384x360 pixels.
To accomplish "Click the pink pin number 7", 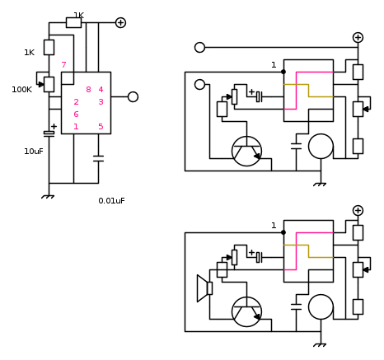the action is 63,65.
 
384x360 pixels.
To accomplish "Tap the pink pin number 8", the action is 88,90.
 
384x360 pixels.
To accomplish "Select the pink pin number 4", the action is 101,90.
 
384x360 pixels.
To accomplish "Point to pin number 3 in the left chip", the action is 101,102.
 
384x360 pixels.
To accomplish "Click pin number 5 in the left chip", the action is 101,127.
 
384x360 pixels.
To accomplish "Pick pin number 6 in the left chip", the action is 76,115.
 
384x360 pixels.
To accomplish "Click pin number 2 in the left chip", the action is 76,102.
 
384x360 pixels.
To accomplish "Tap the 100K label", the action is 22,90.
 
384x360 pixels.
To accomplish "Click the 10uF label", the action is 34,152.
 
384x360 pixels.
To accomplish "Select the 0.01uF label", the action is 111,201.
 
